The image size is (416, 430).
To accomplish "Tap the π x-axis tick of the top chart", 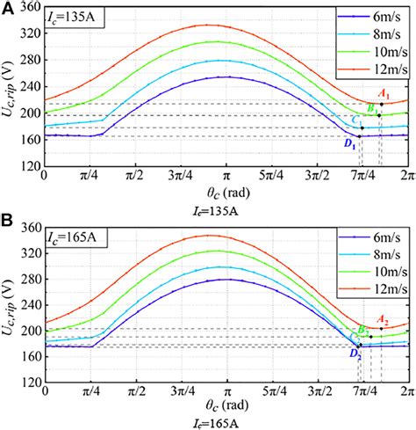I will click(x=226, y=179).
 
